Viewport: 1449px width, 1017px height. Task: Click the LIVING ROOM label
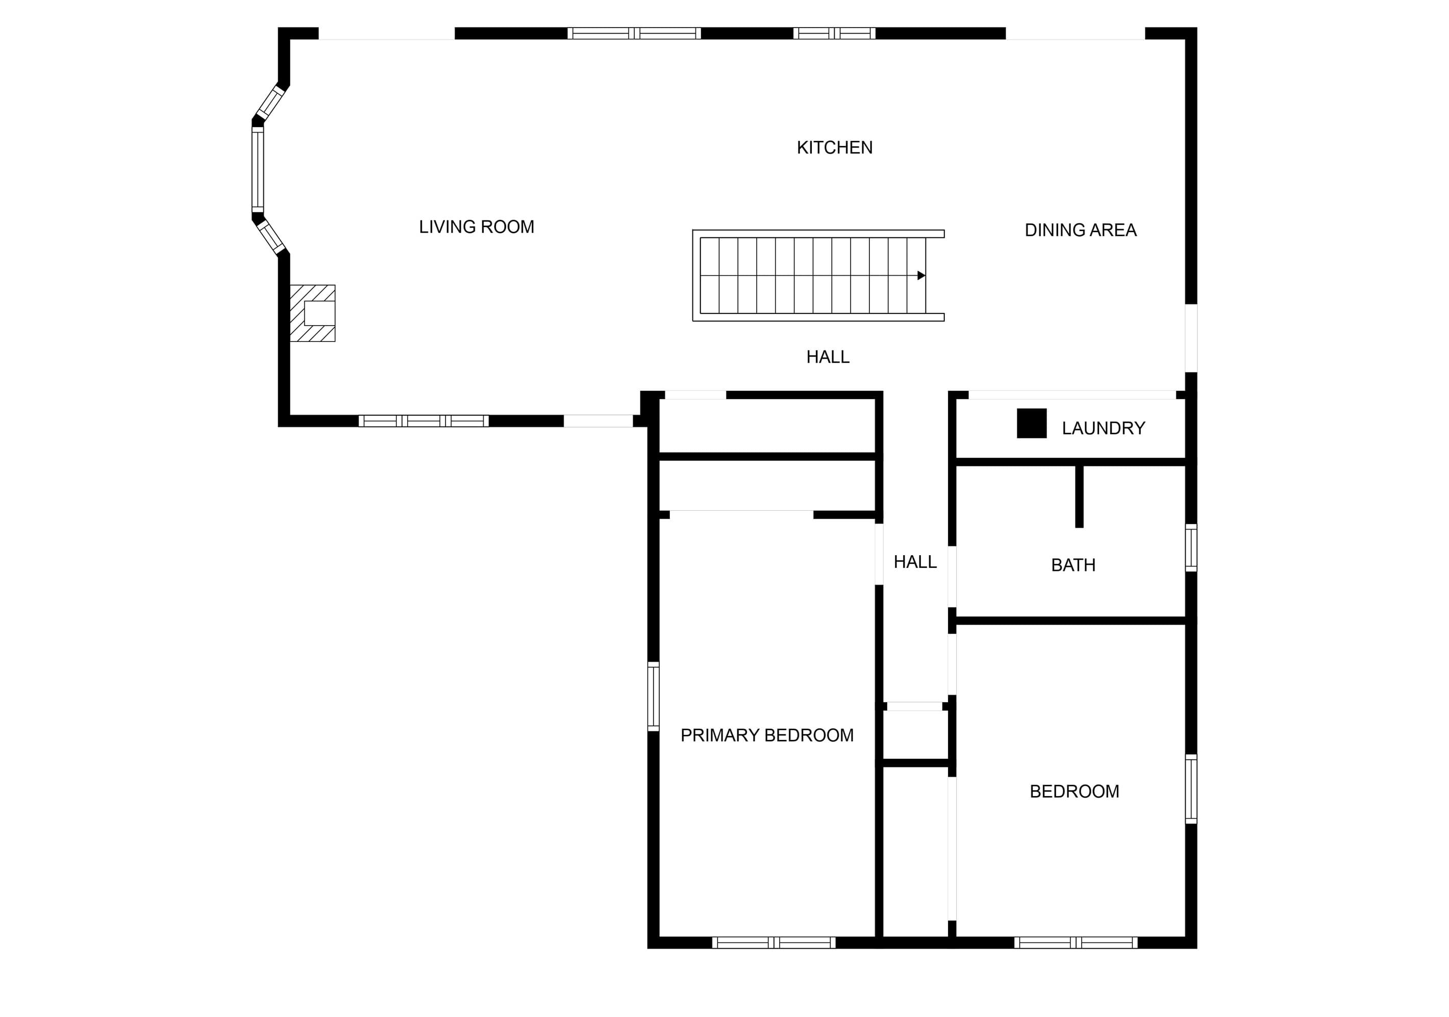tap(477, 227)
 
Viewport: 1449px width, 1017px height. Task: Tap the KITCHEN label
tap(834, 147)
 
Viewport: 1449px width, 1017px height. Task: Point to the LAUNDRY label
tap(1103, 428)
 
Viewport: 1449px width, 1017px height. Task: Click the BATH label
tap(1073, 565)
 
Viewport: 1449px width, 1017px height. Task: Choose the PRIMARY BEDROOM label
tap(767, 735)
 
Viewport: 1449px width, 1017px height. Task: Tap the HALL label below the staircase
tap(828, 357)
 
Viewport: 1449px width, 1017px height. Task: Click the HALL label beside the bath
tap(915, 562)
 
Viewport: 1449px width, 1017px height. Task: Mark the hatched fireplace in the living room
tap(312, 313)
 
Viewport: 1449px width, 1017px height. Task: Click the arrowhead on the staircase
tap(921, 275)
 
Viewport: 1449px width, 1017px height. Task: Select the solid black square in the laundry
tap(1032, 424)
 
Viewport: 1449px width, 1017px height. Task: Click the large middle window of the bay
tap(258, 170)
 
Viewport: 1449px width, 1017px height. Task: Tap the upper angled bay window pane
tap(271, 102)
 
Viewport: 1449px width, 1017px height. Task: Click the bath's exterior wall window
tap(1191, 548)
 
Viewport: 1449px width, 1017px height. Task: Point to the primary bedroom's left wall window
tap(654, 697)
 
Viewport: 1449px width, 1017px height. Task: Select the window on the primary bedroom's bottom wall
tap(773, 942)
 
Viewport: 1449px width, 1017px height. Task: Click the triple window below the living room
tap(423, 421)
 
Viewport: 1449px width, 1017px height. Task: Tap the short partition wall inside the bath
tap(1079, 496)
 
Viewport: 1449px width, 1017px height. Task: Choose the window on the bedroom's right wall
tap(1191, 788)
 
